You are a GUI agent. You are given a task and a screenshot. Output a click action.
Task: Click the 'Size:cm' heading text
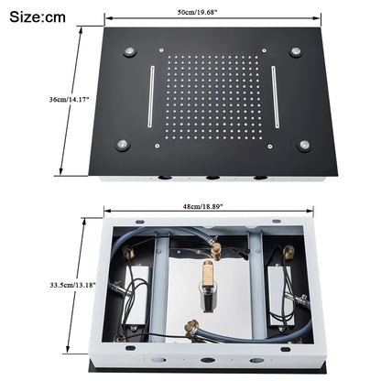(38, 16)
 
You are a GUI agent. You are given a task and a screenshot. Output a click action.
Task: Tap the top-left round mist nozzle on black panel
(129, 52)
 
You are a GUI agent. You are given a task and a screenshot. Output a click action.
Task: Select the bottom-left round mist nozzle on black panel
(121, 144)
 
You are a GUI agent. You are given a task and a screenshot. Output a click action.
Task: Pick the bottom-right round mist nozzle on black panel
(305, 144)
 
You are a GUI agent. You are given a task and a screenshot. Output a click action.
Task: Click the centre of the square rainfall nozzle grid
(212, 99)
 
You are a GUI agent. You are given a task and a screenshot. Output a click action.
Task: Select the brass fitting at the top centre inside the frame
(214, 248)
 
